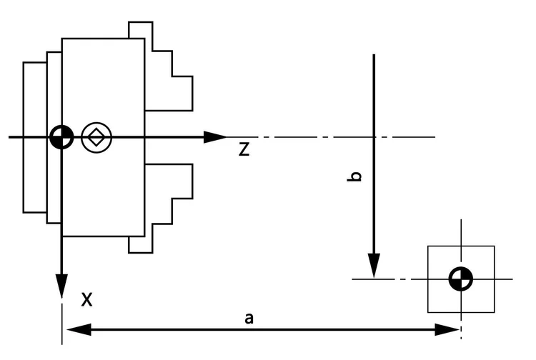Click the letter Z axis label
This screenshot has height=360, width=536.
click(x=244, y=150)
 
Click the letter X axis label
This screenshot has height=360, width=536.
click(x=86, y=299)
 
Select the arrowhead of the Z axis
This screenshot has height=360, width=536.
click(x=215, y=136)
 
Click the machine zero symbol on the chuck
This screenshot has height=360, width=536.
click(x=61, y=136)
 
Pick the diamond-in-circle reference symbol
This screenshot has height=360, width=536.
click(x=96, y=136)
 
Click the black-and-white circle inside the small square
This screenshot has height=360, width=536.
click(x=461, y=279)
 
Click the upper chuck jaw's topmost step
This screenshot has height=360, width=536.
click(x=140, y=30)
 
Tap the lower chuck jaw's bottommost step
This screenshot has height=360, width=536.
click(x=140, y=245)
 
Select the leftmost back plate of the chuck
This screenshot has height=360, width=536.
click(x=34, y=136)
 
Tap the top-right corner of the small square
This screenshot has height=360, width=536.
click(x=495, y=246)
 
